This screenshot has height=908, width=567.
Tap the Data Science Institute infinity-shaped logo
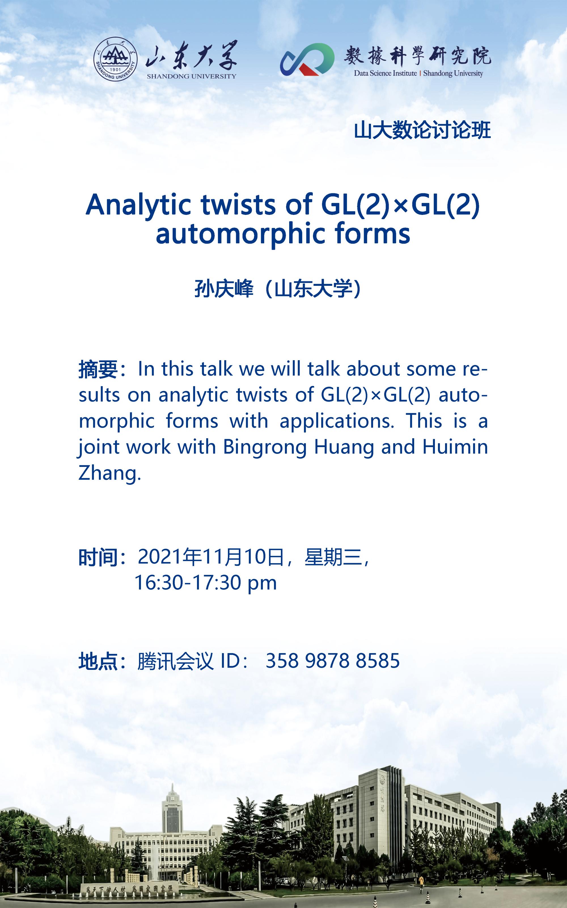pos(307,59)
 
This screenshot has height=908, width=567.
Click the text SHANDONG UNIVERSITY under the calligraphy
pos(191,76)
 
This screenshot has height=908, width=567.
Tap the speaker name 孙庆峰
pos(224,290)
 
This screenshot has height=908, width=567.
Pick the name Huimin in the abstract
pos(455,447)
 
